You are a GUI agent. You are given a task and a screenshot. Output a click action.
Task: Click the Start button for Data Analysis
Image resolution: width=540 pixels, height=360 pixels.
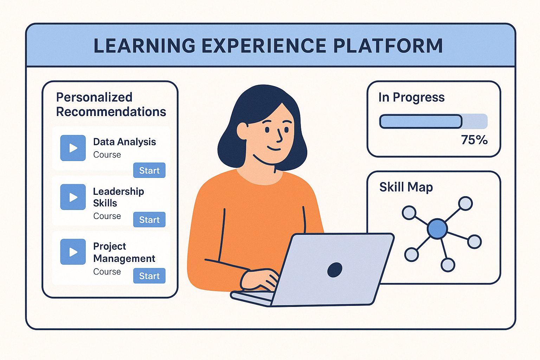point(149,170)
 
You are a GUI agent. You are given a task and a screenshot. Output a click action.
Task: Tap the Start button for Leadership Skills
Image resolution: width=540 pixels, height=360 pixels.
point(149,219)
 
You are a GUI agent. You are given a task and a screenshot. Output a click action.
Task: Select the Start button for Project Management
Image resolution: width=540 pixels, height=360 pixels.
point(149,276)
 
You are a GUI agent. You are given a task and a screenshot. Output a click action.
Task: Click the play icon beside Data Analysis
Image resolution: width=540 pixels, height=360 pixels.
point(73,148)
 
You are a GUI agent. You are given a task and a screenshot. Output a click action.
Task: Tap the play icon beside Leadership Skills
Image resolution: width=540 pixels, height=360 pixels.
point(73,197)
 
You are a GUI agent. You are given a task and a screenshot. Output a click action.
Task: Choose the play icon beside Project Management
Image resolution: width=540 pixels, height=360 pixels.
point(73,252)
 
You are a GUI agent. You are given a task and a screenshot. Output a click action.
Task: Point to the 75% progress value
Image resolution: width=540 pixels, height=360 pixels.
point(474,140)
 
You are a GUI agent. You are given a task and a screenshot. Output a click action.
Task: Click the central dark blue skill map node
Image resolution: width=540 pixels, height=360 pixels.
point(437,229)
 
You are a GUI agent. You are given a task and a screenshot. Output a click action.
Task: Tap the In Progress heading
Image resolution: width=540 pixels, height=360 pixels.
point(411,97)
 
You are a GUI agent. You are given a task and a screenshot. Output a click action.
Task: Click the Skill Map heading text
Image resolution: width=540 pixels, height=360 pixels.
point(406,187)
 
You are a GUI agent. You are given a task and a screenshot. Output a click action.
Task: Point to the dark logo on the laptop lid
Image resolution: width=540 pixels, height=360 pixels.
point(335,270)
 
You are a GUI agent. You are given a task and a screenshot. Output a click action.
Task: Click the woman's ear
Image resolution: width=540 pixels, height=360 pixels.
point(242,130)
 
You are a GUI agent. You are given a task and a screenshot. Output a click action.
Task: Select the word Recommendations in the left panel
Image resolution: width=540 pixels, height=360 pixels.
point(111,112)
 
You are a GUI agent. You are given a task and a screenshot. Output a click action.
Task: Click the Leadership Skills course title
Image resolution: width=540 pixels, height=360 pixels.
point(118,197)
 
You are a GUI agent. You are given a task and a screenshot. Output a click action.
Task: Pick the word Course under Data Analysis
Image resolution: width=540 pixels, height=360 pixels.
point(107,155)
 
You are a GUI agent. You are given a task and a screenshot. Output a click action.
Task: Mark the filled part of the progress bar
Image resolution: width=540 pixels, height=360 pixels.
point(420,122)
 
